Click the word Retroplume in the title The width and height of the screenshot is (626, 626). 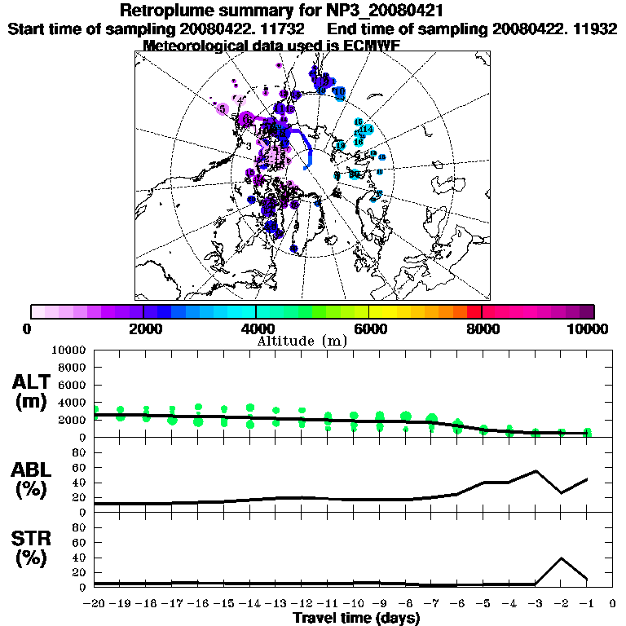tap(166, 11)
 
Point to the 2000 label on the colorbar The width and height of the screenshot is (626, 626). tap(143, 329)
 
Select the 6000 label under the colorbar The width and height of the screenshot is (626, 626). tap(368, 329)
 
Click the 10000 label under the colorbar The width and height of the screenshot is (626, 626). tap(589, 329)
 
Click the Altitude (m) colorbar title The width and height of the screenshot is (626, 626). tap(302, 341)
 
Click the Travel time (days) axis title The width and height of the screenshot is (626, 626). tap(357, 618)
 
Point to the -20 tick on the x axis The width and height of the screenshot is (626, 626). tap(95, 603)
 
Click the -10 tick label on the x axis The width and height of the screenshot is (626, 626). tap(353, 603)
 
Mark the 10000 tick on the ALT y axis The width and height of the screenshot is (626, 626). tap(69, 350)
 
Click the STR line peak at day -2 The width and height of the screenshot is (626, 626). tap(561, 558)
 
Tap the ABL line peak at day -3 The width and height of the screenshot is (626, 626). tap(536, 470)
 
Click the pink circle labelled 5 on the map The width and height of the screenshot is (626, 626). tap(222, 108)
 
